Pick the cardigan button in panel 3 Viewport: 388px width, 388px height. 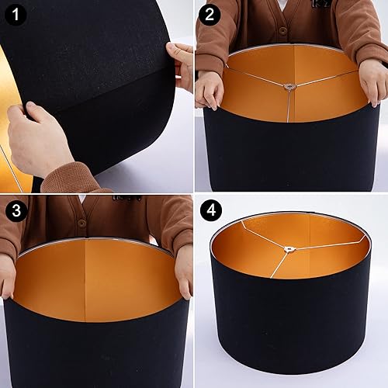(81, 223)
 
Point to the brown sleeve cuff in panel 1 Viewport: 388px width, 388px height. (70, 180)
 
